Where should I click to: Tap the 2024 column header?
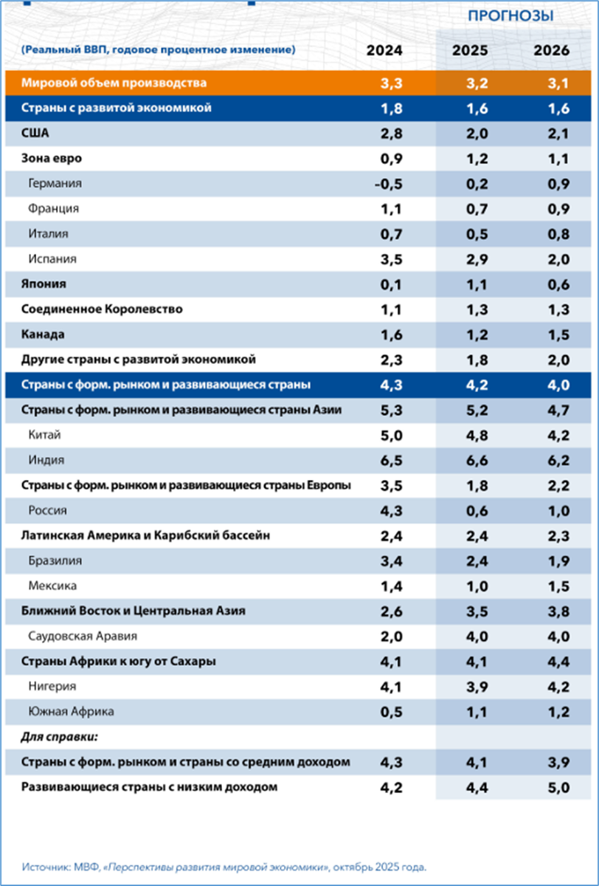point(385,50)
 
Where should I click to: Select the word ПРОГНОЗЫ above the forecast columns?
point(510,16)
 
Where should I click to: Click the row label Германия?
point(55,184)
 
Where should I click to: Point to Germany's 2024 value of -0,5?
point(387,184)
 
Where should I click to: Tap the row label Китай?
point(46,435)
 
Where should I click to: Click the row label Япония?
point(44,284)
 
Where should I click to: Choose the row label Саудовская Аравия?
point(83,636)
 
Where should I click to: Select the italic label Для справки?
point(58,737)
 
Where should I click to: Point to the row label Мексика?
point(52,585)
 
